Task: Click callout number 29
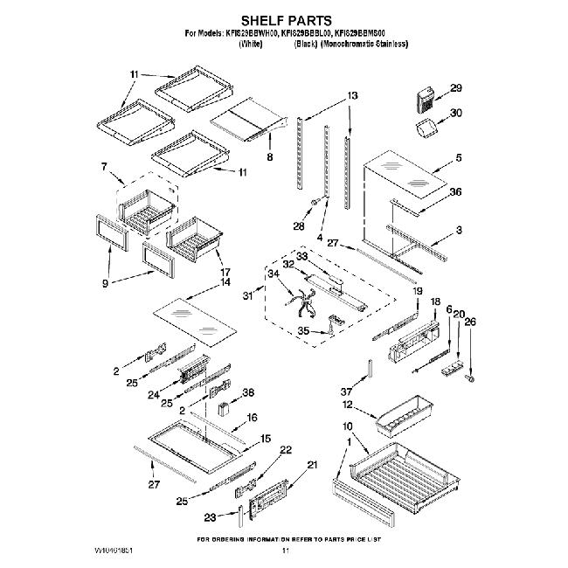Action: coord(455,88)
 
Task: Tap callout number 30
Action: coord(455,113)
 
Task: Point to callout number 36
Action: coord(455,192)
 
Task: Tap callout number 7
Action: coord(105,166)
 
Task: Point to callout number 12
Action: coord(348,405)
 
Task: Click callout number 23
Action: coord(209,517)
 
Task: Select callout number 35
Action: coord(304,330)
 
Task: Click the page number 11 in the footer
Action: coord(284,551)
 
